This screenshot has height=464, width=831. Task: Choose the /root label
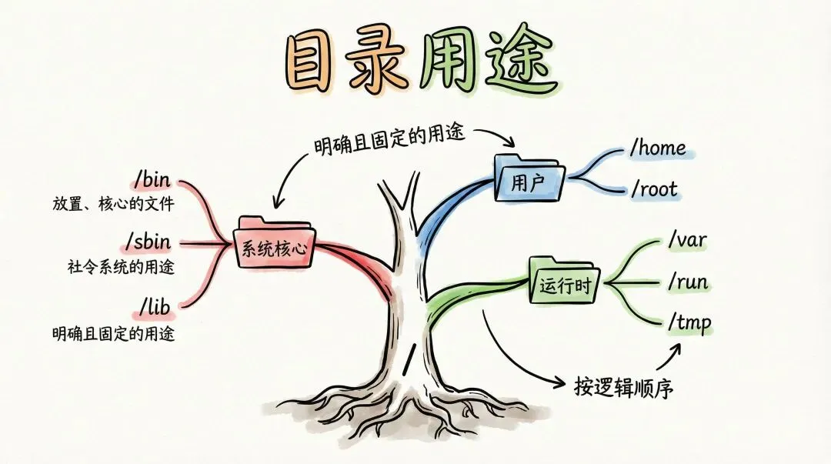[x=655, y=189]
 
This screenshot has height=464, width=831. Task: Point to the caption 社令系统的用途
[x=121, y=268]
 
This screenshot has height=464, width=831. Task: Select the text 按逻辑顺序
[x=623, y=386]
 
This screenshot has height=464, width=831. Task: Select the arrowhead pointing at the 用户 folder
[x=509, y=143]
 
